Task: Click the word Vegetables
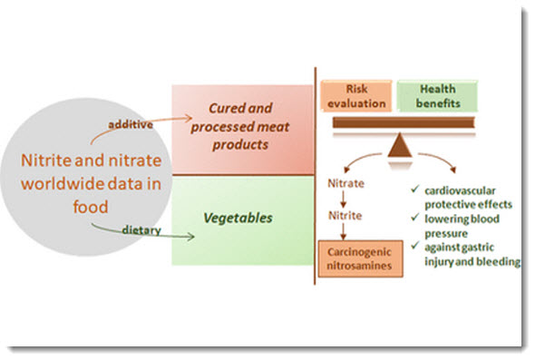(x=241, y=219)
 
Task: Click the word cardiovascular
(x=454, y=190)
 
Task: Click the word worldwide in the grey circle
(x=53, y=184)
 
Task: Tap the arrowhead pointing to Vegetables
(x=193, y=239)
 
